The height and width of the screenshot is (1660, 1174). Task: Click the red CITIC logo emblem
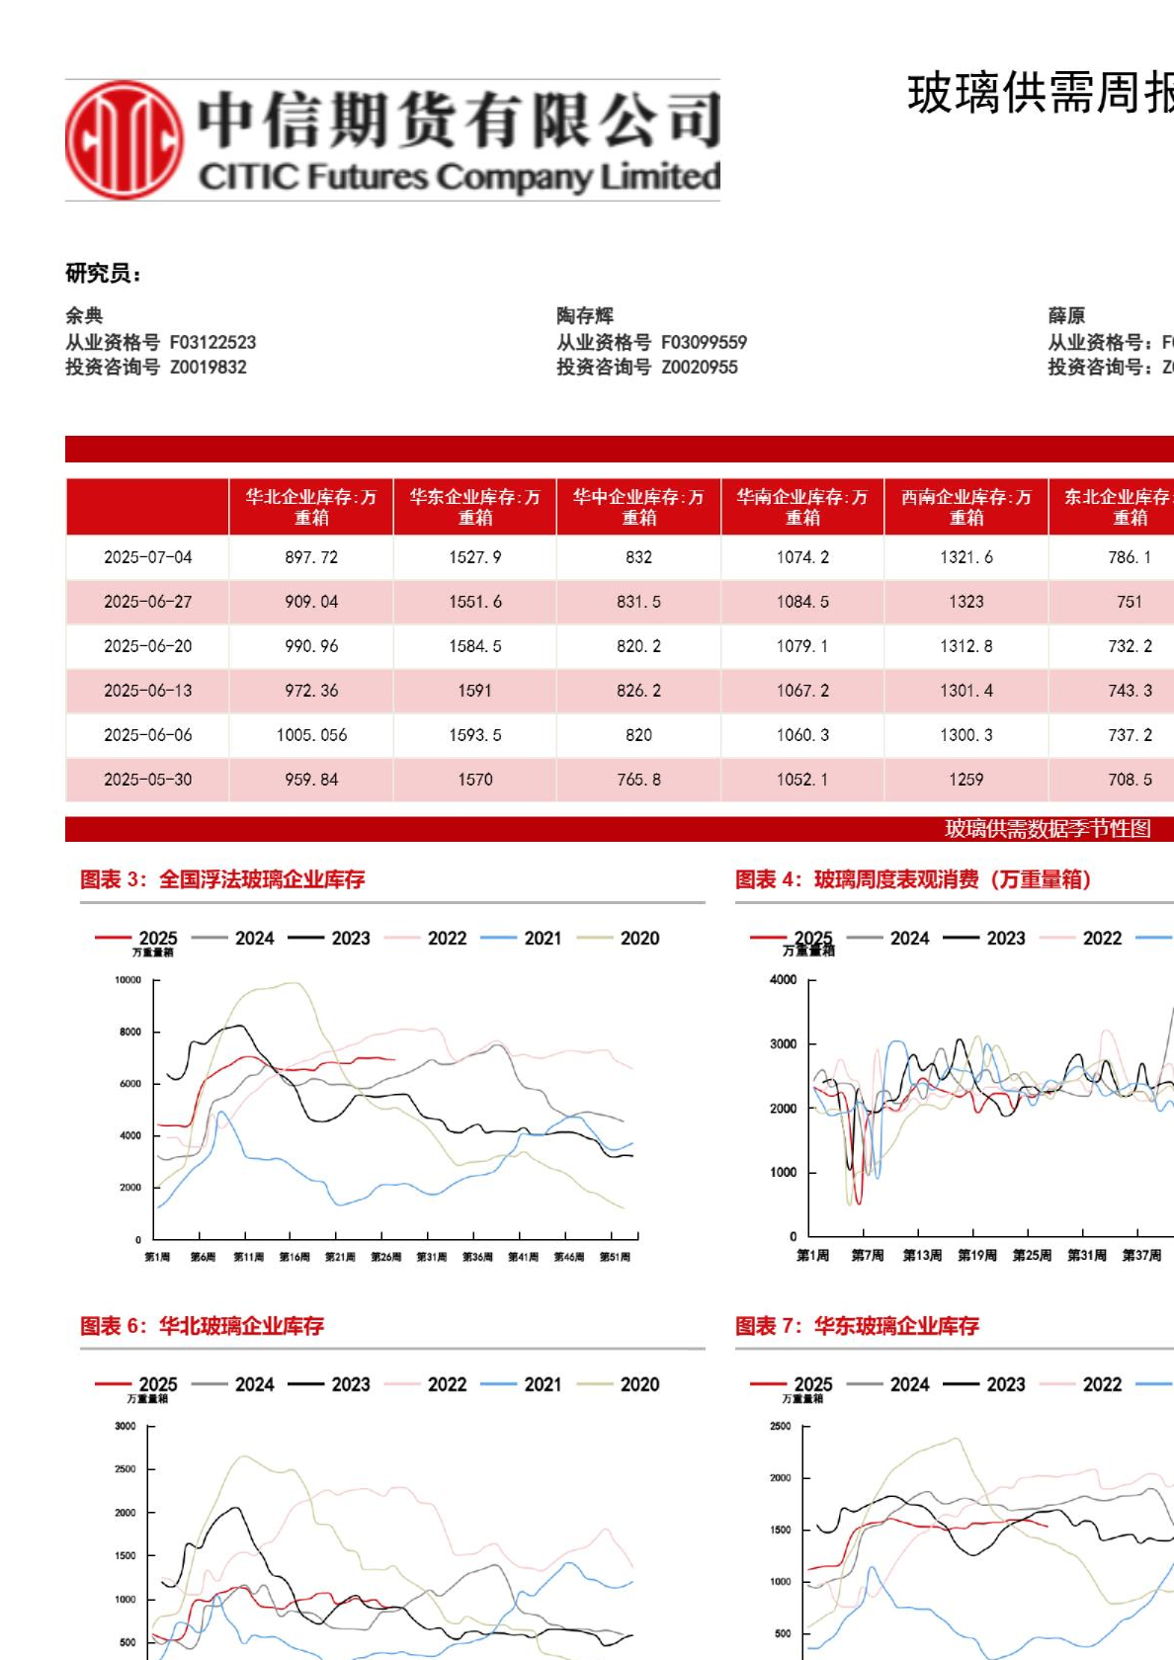point(125,140)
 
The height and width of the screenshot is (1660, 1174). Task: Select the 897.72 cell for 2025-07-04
point(311,557)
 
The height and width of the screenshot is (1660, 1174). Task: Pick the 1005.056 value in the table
point(311,735)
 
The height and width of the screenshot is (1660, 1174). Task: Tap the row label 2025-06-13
point(147,691)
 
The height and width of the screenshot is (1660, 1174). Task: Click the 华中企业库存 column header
point(638,507)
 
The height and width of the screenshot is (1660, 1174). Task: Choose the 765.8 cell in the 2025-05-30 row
point(638,780)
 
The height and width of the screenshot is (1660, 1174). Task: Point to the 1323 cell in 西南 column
point(965,602)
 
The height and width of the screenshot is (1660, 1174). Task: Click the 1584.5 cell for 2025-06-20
point(474,646)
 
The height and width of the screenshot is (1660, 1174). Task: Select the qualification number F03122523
point(212,343)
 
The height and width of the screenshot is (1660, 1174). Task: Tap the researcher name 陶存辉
point(585,316)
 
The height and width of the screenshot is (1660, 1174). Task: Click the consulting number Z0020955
point(700,368)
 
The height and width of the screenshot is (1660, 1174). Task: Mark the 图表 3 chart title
point(222,879)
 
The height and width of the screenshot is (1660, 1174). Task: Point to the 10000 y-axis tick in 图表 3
point(128,980)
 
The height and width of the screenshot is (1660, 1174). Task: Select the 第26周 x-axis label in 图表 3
point(385,1257)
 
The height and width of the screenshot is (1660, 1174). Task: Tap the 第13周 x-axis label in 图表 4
point(922,1256)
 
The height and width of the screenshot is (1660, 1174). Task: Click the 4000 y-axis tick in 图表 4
point(783,980)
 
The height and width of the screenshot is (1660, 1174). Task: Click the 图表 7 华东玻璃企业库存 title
point(857,1326)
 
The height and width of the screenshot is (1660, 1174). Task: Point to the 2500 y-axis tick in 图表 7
point(781,1427)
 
